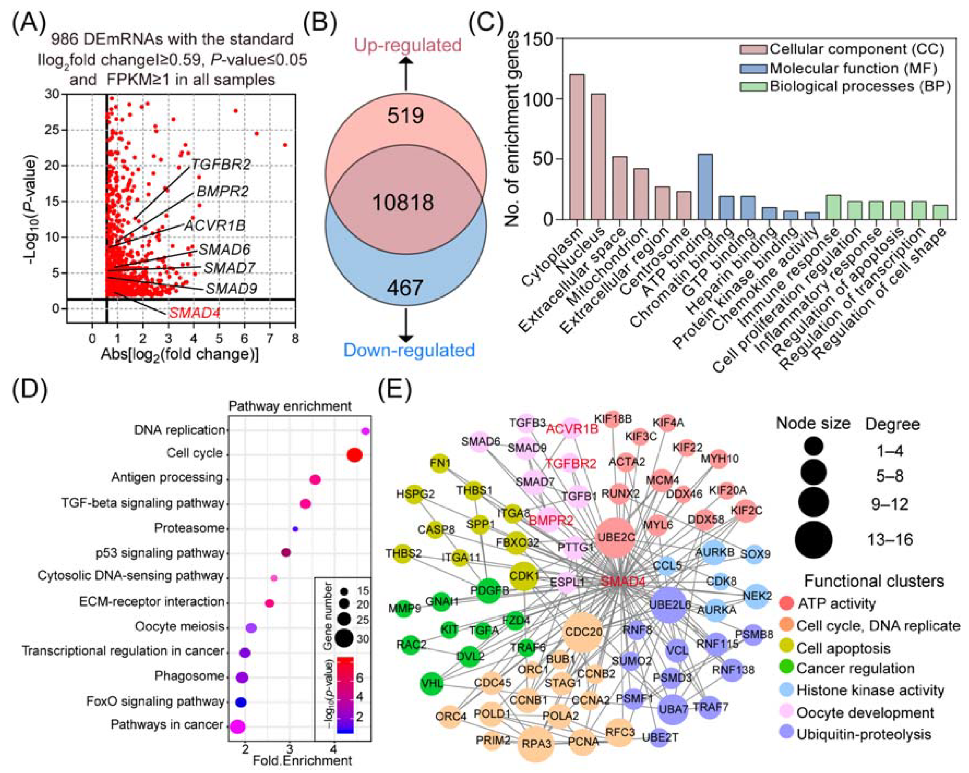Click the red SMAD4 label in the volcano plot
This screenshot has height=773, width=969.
[x=194, y=313]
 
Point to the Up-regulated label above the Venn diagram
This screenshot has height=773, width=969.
[x=408, y=45]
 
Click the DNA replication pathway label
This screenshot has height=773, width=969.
[x=179, y=430]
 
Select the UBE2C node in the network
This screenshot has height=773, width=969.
[x=616, y=537]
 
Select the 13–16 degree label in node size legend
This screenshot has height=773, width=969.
[x=890, y=539]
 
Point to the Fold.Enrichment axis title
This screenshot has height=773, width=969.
[x=302, y=760]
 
